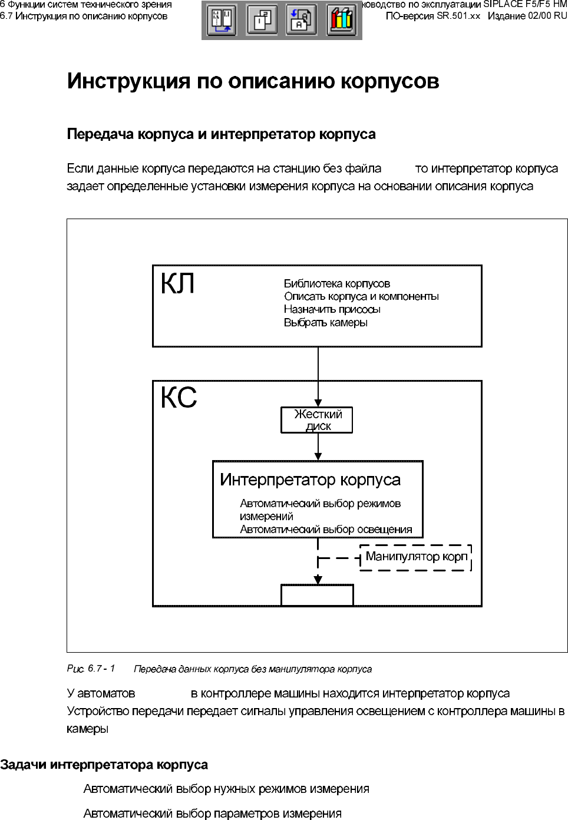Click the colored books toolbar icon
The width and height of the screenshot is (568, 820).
coord(341,20)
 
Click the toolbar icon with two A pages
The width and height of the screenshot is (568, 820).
coord(301,20)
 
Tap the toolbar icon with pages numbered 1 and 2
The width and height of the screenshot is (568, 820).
coord(262,20)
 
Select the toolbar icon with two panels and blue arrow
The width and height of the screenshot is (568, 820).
coord(222,20)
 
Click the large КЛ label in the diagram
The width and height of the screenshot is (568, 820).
coord(177,284)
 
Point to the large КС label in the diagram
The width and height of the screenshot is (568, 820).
coord(179,398)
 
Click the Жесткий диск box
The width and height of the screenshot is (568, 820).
coord(317,420)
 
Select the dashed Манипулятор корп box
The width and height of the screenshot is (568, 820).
coord(416,557)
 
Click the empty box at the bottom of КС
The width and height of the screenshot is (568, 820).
coord(317,595)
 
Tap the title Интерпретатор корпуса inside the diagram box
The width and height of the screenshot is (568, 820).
coord(310,480)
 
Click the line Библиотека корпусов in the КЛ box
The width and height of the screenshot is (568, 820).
coord(337,284)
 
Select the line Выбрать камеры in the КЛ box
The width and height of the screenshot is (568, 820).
coord(326,323)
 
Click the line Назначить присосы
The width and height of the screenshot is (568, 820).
coord(332,310)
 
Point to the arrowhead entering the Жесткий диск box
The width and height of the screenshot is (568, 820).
coord(318,403)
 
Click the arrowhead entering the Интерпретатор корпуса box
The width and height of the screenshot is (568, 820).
coord(318,456)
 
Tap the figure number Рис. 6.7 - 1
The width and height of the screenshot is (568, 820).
coord(91,669)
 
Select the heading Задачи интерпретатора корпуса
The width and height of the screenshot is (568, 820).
coord(104,765)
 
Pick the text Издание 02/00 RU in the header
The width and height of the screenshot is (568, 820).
coord(527,16)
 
